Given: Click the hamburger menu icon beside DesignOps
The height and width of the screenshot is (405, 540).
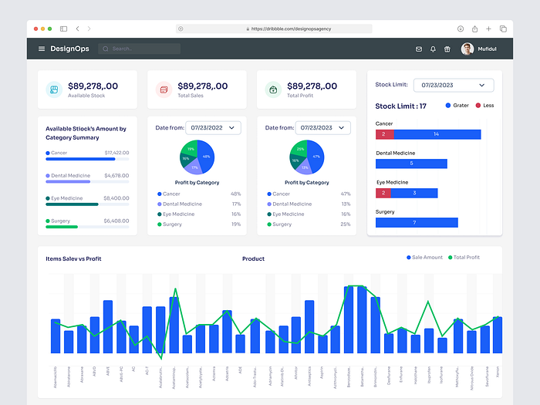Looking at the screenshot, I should (42, 49).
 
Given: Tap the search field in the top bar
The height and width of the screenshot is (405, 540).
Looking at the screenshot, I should (139, 49).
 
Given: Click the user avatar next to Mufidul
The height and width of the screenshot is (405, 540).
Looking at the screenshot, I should (467, 49).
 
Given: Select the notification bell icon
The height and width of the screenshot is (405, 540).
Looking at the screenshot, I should (433, 49).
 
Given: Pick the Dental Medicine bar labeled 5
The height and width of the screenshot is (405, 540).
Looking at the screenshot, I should (411, 164).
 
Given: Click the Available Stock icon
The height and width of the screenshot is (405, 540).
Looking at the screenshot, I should (54, 89).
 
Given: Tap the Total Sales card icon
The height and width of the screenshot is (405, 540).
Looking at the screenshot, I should (164, 89).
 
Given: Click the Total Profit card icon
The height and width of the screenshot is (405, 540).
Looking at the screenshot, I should (273, 89).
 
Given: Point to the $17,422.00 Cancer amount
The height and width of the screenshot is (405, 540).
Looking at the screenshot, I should (116, 153).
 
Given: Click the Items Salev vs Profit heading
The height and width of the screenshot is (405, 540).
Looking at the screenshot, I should (73, 259).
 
